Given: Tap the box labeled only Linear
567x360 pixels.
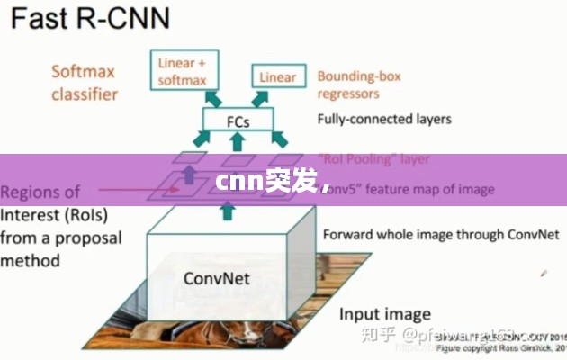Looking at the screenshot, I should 277,77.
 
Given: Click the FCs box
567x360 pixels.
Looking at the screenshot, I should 237,119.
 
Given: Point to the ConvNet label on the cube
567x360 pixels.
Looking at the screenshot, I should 216,276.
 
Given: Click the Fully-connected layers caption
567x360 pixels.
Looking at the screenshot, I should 384,118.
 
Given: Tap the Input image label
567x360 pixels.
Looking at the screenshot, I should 384,314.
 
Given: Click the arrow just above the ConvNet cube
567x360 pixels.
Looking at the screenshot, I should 227,211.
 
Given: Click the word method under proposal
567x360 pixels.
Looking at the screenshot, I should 30,260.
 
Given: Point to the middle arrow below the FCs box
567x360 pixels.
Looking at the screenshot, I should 237,141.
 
